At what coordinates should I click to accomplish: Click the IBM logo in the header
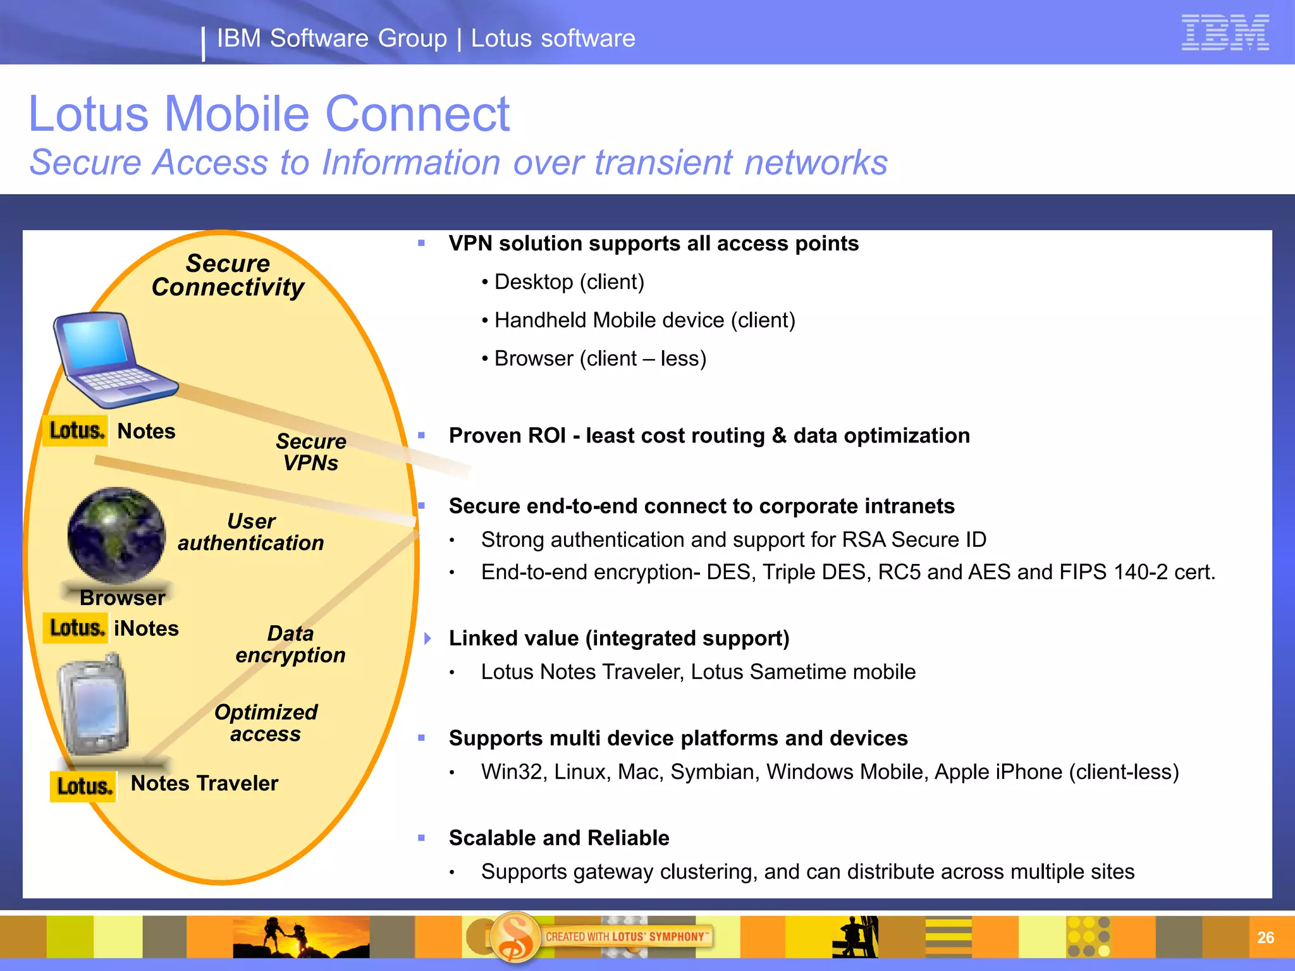click(x=1225, y=32)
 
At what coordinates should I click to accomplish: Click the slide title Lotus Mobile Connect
click(x=269, y=114)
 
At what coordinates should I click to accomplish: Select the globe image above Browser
click(x=116, y=535)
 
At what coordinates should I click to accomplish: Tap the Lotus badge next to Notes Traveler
click(x=83, y=786)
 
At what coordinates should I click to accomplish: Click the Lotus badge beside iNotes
click(x=75, y=628)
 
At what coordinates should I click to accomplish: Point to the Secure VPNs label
click(x=311, y=452)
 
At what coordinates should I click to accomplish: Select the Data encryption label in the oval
click(x=290, y=644)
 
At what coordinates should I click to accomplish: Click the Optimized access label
click(x=266, y=723)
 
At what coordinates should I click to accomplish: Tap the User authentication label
click(x=251, y=532)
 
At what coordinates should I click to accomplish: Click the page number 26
click(x=1265, y=937)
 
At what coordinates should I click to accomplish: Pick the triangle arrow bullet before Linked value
click(x=428, y=638)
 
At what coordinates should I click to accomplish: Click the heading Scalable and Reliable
click(x=559, y=838)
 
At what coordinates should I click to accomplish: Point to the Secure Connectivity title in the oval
click(x=228, y=275)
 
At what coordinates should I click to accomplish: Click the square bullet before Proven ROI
click(x=422, y=436)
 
